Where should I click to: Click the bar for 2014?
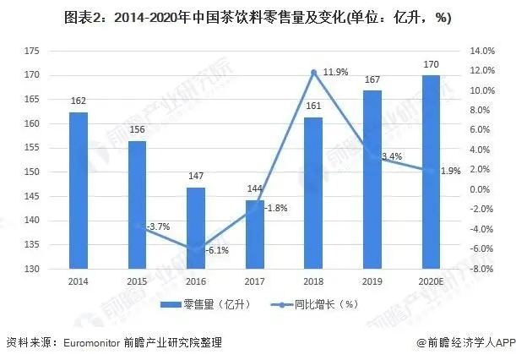pos(78,191)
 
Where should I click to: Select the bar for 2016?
pos(195,228)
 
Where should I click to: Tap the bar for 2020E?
pos(430,172)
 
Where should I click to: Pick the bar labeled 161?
pos(312,194)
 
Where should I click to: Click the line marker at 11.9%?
pos(313,72)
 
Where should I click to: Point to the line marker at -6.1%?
pos(196,248)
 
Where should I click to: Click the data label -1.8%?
pos(275,208)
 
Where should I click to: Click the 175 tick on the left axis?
pos(31,52)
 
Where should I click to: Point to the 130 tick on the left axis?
pos(31,269)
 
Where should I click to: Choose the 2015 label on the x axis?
pos(137,280)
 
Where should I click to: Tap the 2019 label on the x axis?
pos(372,280)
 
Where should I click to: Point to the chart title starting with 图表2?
pos(257,16)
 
